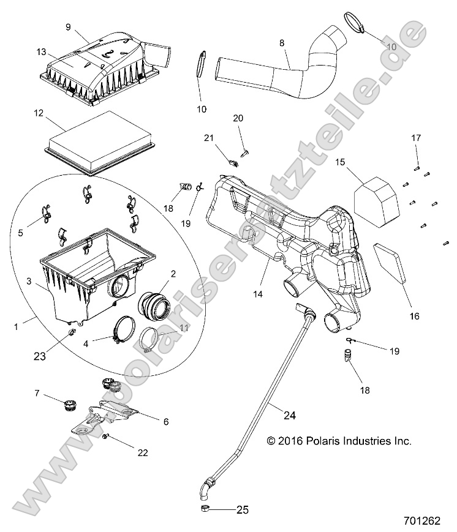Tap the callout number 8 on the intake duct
pyautogui.click(x=281, y=43)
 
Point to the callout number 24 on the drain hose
pyautogui.click(x=289, y=415)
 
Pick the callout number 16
pyautogui.click(x=415, y=316)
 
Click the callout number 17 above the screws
pyautogui.click(x=416, y=138)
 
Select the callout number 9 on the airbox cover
pyautogui.click(x=68, y=26)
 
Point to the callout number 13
pyautogui.click(x=41, y=52)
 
